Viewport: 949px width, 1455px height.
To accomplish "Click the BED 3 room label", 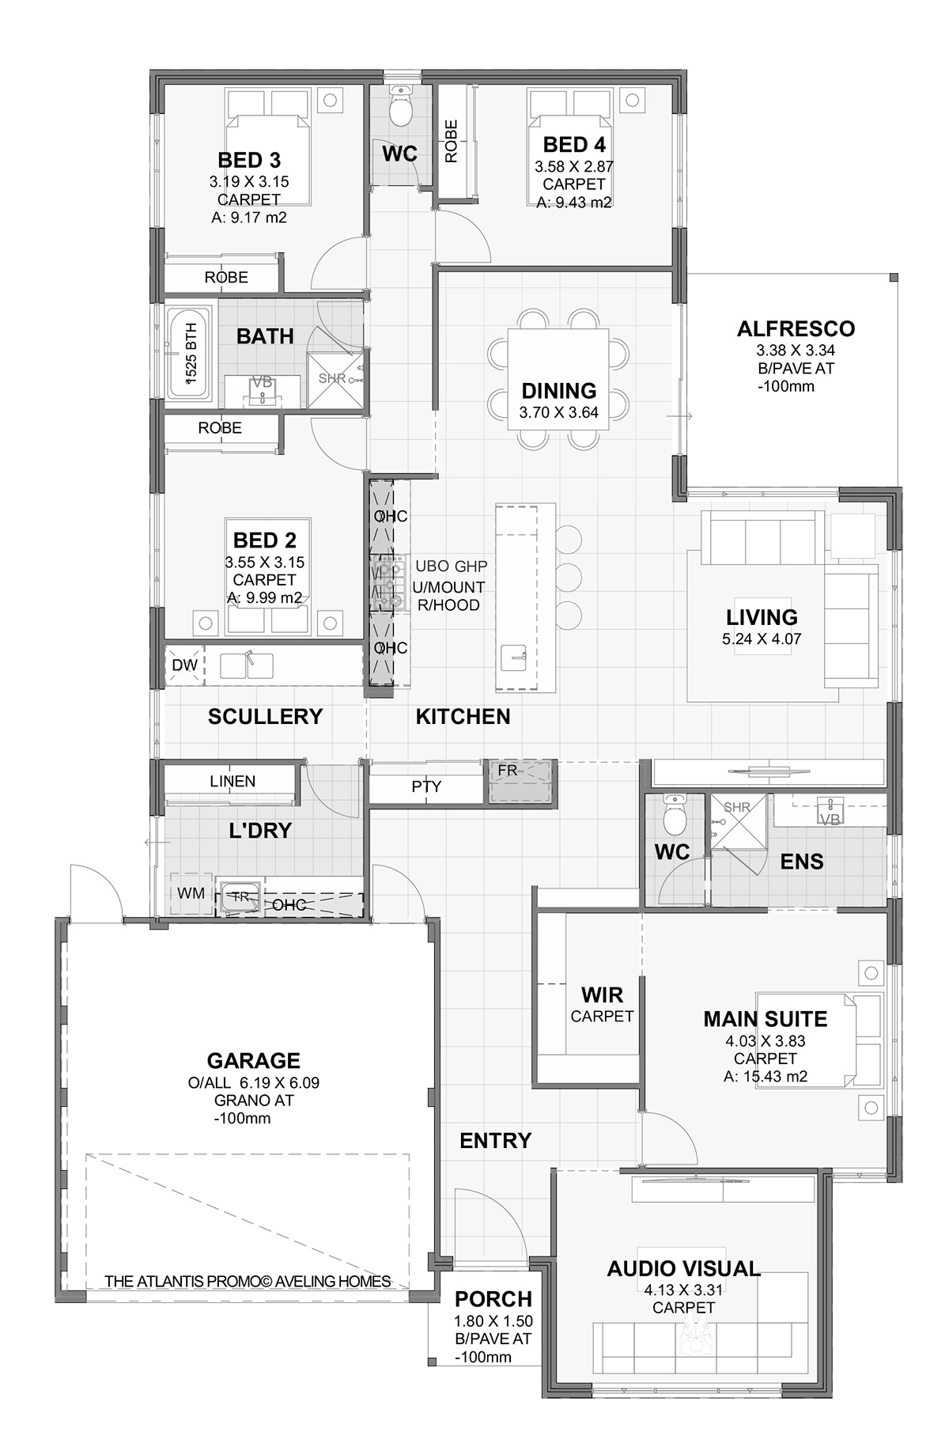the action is pos(249,160).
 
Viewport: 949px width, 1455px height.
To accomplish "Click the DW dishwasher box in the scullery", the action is pos(185,665).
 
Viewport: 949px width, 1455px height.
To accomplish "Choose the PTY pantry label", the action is pos(426,786).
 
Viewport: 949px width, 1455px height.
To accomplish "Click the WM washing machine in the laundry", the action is pos(191,894).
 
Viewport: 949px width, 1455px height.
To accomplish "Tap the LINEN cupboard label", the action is pos(233,781).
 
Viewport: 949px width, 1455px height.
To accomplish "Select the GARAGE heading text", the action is pos(253,1060).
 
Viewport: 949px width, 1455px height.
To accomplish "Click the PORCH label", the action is pos(493,1299).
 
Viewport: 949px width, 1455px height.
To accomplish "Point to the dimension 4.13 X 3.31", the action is pos(684,1290).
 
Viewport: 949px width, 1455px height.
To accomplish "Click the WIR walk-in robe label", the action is pos(603,995).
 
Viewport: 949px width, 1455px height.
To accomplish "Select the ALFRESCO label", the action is pos(796,328).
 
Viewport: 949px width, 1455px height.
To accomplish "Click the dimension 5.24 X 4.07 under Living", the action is pos(762,639).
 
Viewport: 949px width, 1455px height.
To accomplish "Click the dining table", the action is pos(558,378).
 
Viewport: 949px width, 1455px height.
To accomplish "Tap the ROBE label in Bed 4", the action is pos(451,142).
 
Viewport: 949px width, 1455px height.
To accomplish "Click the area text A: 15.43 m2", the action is pos(766,1076).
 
